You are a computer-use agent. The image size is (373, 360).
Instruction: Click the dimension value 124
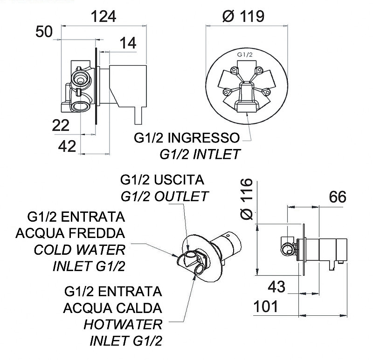104,16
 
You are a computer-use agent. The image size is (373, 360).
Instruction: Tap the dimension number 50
44,32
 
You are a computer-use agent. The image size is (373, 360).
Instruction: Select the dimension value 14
128,43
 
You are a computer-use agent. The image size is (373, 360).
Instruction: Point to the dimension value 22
61,125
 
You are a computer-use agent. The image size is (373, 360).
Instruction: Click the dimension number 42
67,146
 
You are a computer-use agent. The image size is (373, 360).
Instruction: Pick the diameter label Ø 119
243,16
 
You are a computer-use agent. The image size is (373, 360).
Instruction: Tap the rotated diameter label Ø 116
247,199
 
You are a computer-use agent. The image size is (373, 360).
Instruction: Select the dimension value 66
338,197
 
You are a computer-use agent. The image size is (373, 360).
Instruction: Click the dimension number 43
276,287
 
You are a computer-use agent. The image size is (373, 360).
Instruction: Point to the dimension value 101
266,306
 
